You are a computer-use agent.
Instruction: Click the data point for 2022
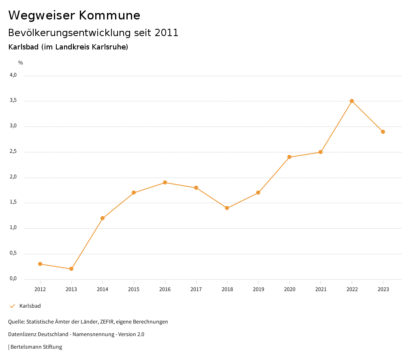352,101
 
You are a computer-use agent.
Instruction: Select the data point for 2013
71,269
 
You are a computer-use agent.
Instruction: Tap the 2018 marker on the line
227,208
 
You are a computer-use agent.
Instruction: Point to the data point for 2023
383,132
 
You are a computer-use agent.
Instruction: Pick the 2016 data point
165,182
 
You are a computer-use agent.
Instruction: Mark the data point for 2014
103,218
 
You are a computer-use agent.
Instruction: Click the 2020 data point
289,157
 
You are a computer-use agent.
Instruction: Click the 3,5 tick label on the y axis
13,101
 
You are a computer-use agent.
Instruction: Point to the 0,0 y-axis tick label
13,279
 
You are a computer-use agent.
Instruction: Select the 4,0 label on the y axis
13,75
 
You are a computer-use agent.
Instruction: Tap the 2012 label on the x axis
40,289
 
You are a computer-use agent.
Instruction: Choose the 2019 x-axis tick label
258,289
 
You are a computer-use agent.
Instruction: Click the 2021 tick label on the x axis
321,289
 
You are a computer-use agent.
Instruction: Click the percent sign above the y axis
20,63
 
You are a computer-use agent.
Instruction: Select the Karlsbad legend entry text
30,306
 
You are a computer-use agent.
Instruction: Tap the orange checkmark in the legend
12,306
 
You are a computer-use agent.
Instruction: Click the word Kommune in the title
109,15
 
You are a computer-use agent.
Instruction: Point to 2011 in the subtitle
167,33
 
